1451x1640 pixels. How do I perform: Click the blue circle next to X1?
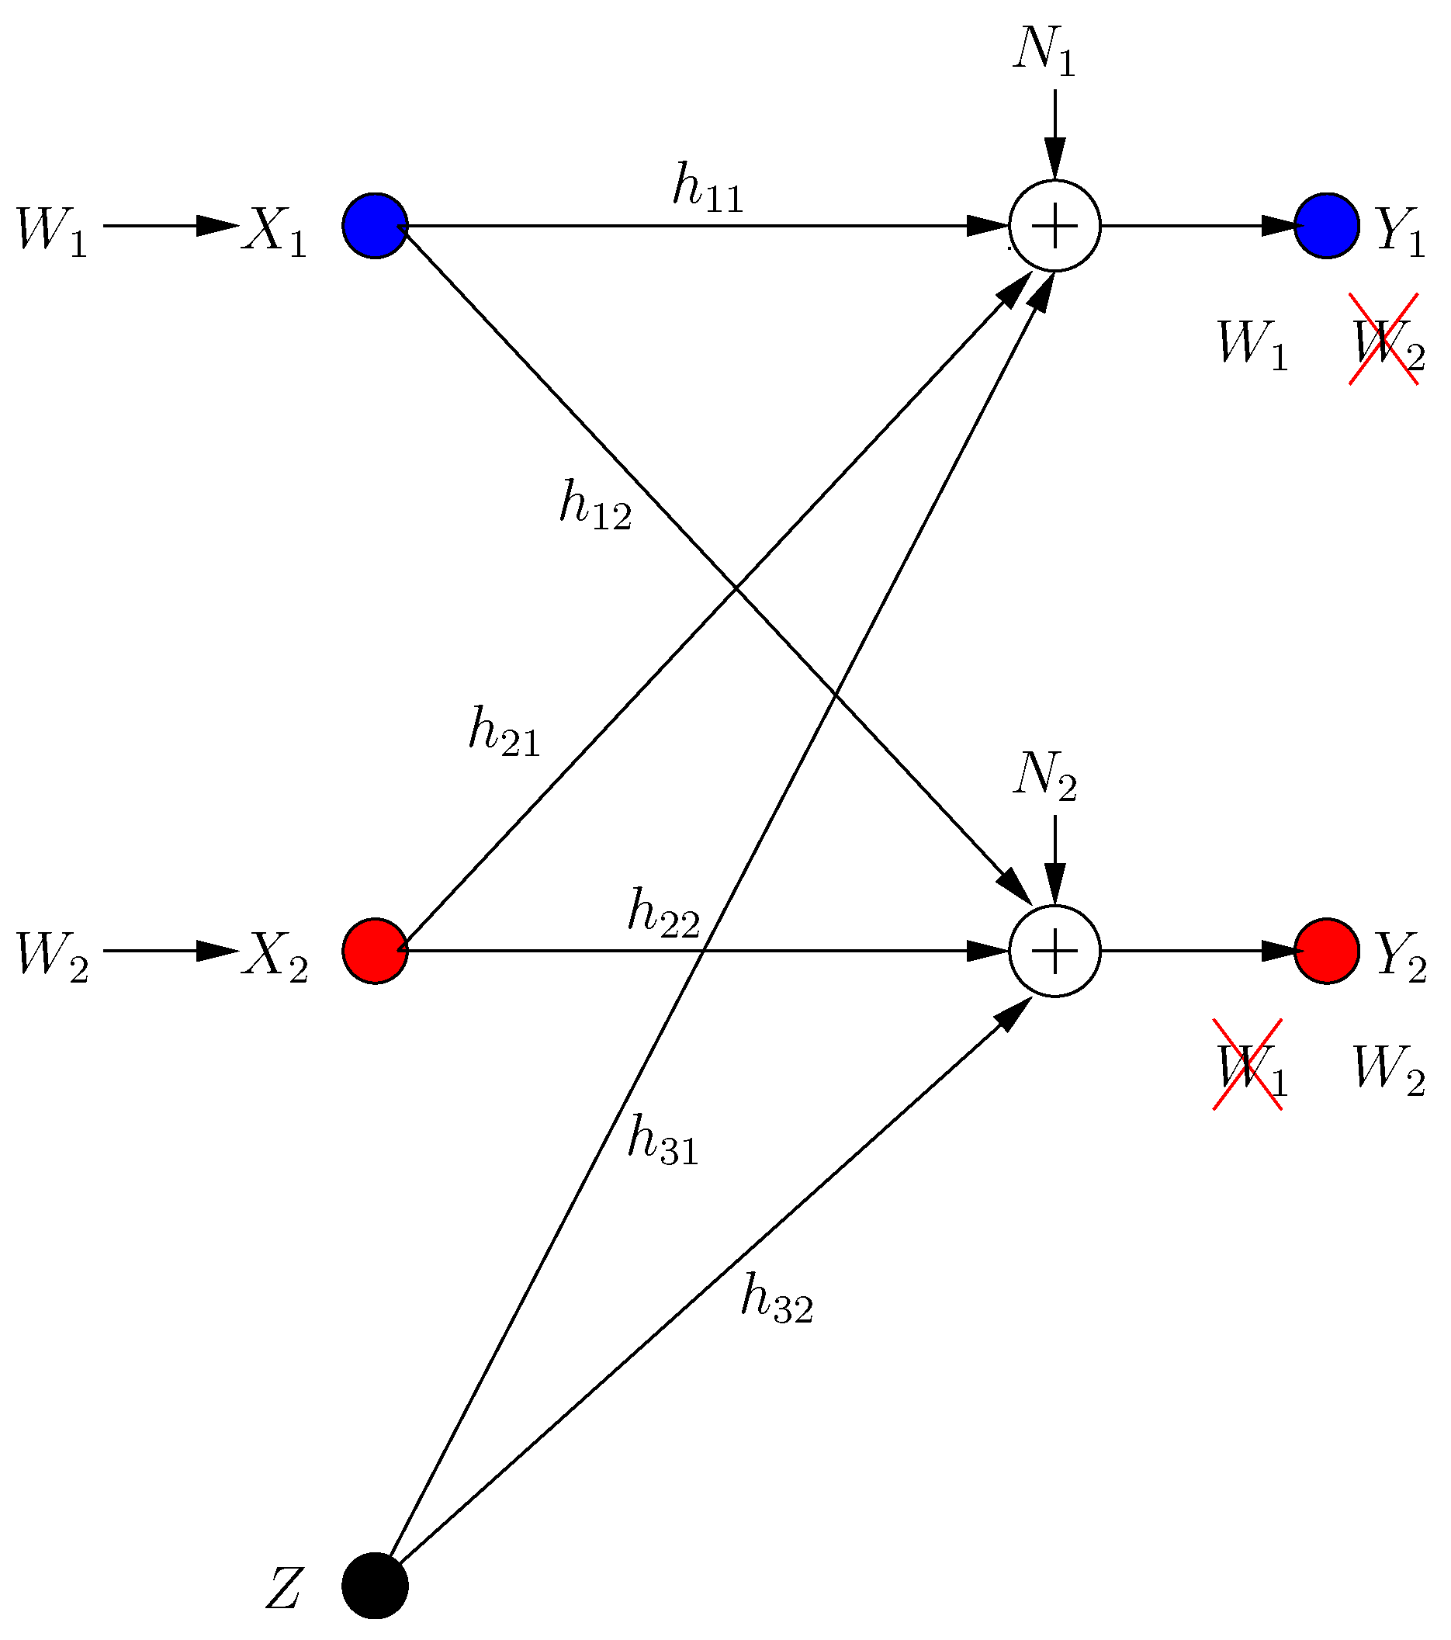[376, 227]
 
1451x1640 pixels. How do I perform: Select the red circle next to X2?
[376, 951]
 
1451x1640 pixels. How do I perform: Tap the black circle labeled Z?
[376, 1586]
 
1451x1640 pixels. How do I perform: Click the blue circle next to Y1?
[1327, 227]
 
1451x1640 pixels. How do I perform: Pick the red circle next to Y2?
[1327, 951]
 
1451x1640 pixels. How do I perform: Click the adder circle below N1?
[1054, 227]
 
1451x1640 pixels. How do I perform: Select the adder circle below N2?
[1054, 951]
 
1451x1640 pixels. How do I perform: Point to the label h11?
[708, 189]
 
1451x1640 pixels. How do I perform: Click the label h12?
[595, 504]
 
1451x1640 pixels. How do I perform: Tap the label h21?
[504, 732]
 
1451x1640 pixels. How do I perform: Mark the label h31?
[663, 1140]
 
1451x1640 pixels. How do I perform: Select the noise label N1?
[1043, 54]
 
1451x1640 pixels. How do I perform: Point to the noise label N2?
[1044, 778]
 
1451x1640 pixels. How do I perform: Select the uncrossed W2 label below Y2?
[1388, 1070]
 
